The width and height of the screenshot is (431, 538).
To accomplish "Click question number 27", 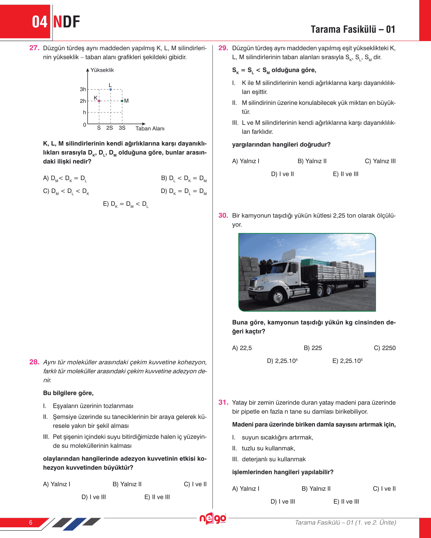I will pos(34,48).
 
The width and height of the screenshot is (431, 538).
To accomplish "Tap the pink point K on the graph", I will pos(99,101).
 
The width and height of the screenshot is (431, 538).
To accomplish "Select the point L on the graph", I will pos(111,89).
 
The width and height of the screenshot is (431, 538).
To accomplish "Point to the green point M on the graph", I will pos(122,101).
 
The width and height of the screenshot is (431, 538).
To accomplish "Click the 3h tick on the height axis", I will pos(83,89).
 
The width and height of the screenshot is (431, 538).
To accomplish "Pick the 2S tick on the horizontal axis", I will pos(110,128).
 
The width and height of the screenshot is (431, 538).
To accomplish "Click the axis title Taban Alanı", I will pos(150,128).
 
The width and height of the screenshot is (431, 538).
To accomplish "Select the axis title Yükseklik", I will pos(102,70).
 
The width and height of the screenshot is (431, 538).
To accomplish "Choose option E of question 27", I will pos(125,204).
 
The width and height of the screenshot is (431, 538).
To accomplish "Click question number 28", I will pos(34,362).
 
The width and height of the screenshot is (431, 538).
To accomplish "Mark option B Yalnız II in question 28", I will pos(127,484).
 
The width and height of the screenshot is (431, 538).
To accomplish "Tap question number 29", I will pos(223,48).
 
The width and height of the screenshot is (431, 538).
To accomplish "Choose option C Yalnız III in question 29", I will pos(380,161).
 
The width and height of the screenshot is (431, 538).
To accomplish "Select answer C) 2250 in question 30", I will pos(384,348).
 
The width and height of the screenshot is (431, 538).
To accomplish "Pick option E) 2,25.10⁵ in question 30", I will pos(347,361).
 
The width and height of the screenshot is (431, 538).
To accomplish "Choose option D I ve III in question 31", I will pos(283,501).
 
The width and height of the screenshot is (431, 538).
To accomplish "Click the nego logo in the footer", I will pos(213,518).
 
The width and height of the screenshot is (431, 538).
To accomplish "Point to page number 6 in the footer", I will pos(31,522).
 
